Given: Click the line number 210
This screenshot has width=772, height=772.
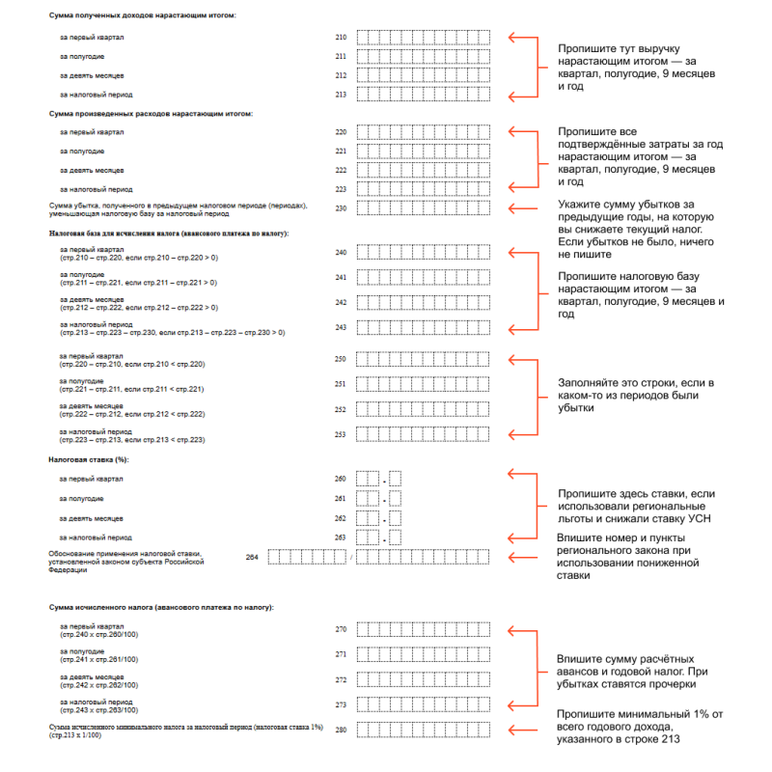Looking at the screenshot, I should pos(340,38).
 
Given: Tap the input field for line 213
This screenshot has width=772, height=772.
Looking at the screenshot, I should pos(425,95).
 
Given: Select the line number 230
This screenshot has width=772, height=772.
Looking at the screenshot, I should pos(340,208).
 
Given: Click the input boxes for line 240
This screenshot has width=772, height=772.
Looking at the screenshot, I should pos(425,253).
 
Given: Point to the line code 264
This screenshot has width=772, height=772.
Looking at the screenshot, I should pos(252,557).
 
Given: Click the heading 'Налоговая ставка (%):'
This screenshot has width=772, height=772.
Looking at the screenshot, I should pos(89,459).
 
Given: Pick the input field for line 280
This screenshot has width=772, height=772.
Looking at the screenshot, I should pos(425,729).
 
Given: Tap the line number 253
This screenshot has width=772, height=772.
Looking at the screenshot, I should pos(340,434).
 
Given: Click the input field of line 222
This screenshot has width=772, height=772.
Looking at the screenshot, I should pos(425,170).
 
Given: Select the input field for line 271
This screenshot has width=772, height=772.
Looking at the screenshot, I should pos(425,654).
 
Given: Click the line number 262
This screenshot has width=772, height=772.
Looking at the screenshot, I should pos(340,518).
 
